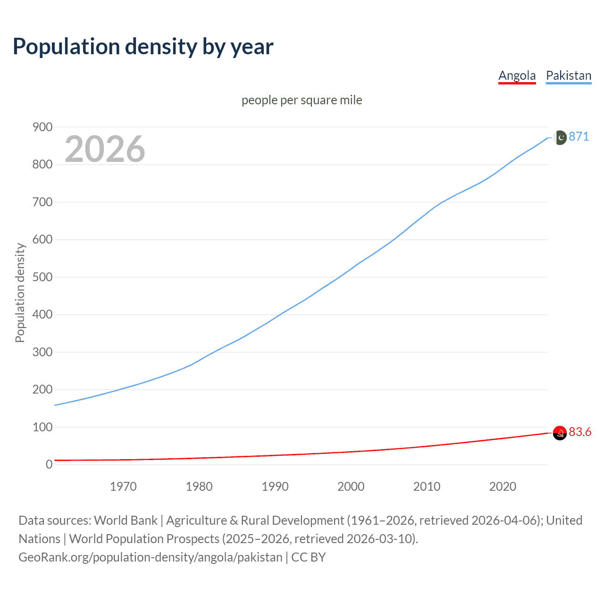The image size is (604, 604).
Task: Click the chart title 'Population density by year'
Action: coord(143,47)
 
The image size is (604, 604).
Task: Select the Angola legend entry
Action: coord(517,75)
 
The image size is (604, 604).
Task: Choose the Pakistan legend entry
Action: coord(568,75)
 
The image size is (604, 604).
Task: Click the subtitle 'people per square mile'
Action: coord(302,100)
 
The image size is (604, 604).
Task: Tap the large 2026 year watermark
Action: coord(105,149)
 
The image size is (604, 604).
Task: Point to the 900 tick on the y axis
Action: coord(42,127)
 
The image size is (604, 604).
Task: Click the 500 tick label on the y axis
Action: coord(42,277)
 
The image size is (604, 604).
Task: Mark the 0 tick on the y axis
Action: coord(49,464)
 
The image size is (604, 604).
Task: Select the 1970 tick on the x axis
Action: coord(123,487)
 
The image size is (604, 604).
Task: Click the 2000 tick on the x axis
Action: coord(351,487)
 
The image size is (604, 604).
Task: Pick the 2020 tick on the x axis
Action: coord(503,487)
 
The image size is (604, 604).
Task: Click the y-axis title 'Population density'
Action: coord(20,293)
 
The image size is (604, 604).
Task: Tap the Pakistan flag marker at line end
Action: coord(560,137)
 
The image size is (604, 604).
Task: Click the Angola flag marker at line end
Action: coord(560,433)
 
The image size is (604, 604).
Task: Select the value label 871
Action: coord(579,136)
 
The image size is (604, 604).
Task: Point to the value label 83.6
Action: coord(580,432)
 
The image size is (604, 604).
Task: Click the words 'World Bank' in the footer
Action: coord(126,520)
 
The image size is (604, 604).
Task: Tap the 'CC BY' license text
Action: coord(309,557)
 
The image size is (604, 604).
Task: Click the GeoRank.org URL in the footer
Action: coord(150,557)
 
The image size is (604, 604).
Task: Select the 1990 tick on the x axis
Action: coord(275,487)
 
